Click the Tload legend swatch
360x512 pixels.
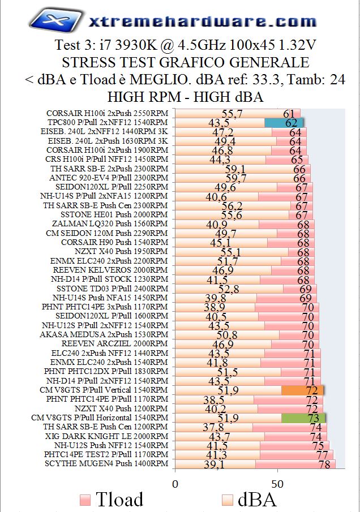click(85, 500)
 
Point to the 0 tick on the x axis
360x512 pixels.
click(175, 484)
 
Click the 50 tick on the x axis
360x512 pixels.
click(277, 484)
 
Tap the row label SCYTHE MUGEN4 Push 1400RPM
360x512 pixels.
click(106, 463)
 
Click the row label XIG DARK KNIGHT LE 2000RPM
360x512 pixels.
click(107, 436)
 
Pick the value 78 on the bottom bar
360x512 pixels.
click(324, 464)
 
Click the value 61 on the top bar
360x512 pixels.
click(289, 114)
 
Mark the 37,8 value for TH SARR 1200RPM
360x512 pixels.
click(213, 427)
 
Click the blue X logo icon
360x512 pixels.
click(54, 21)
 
